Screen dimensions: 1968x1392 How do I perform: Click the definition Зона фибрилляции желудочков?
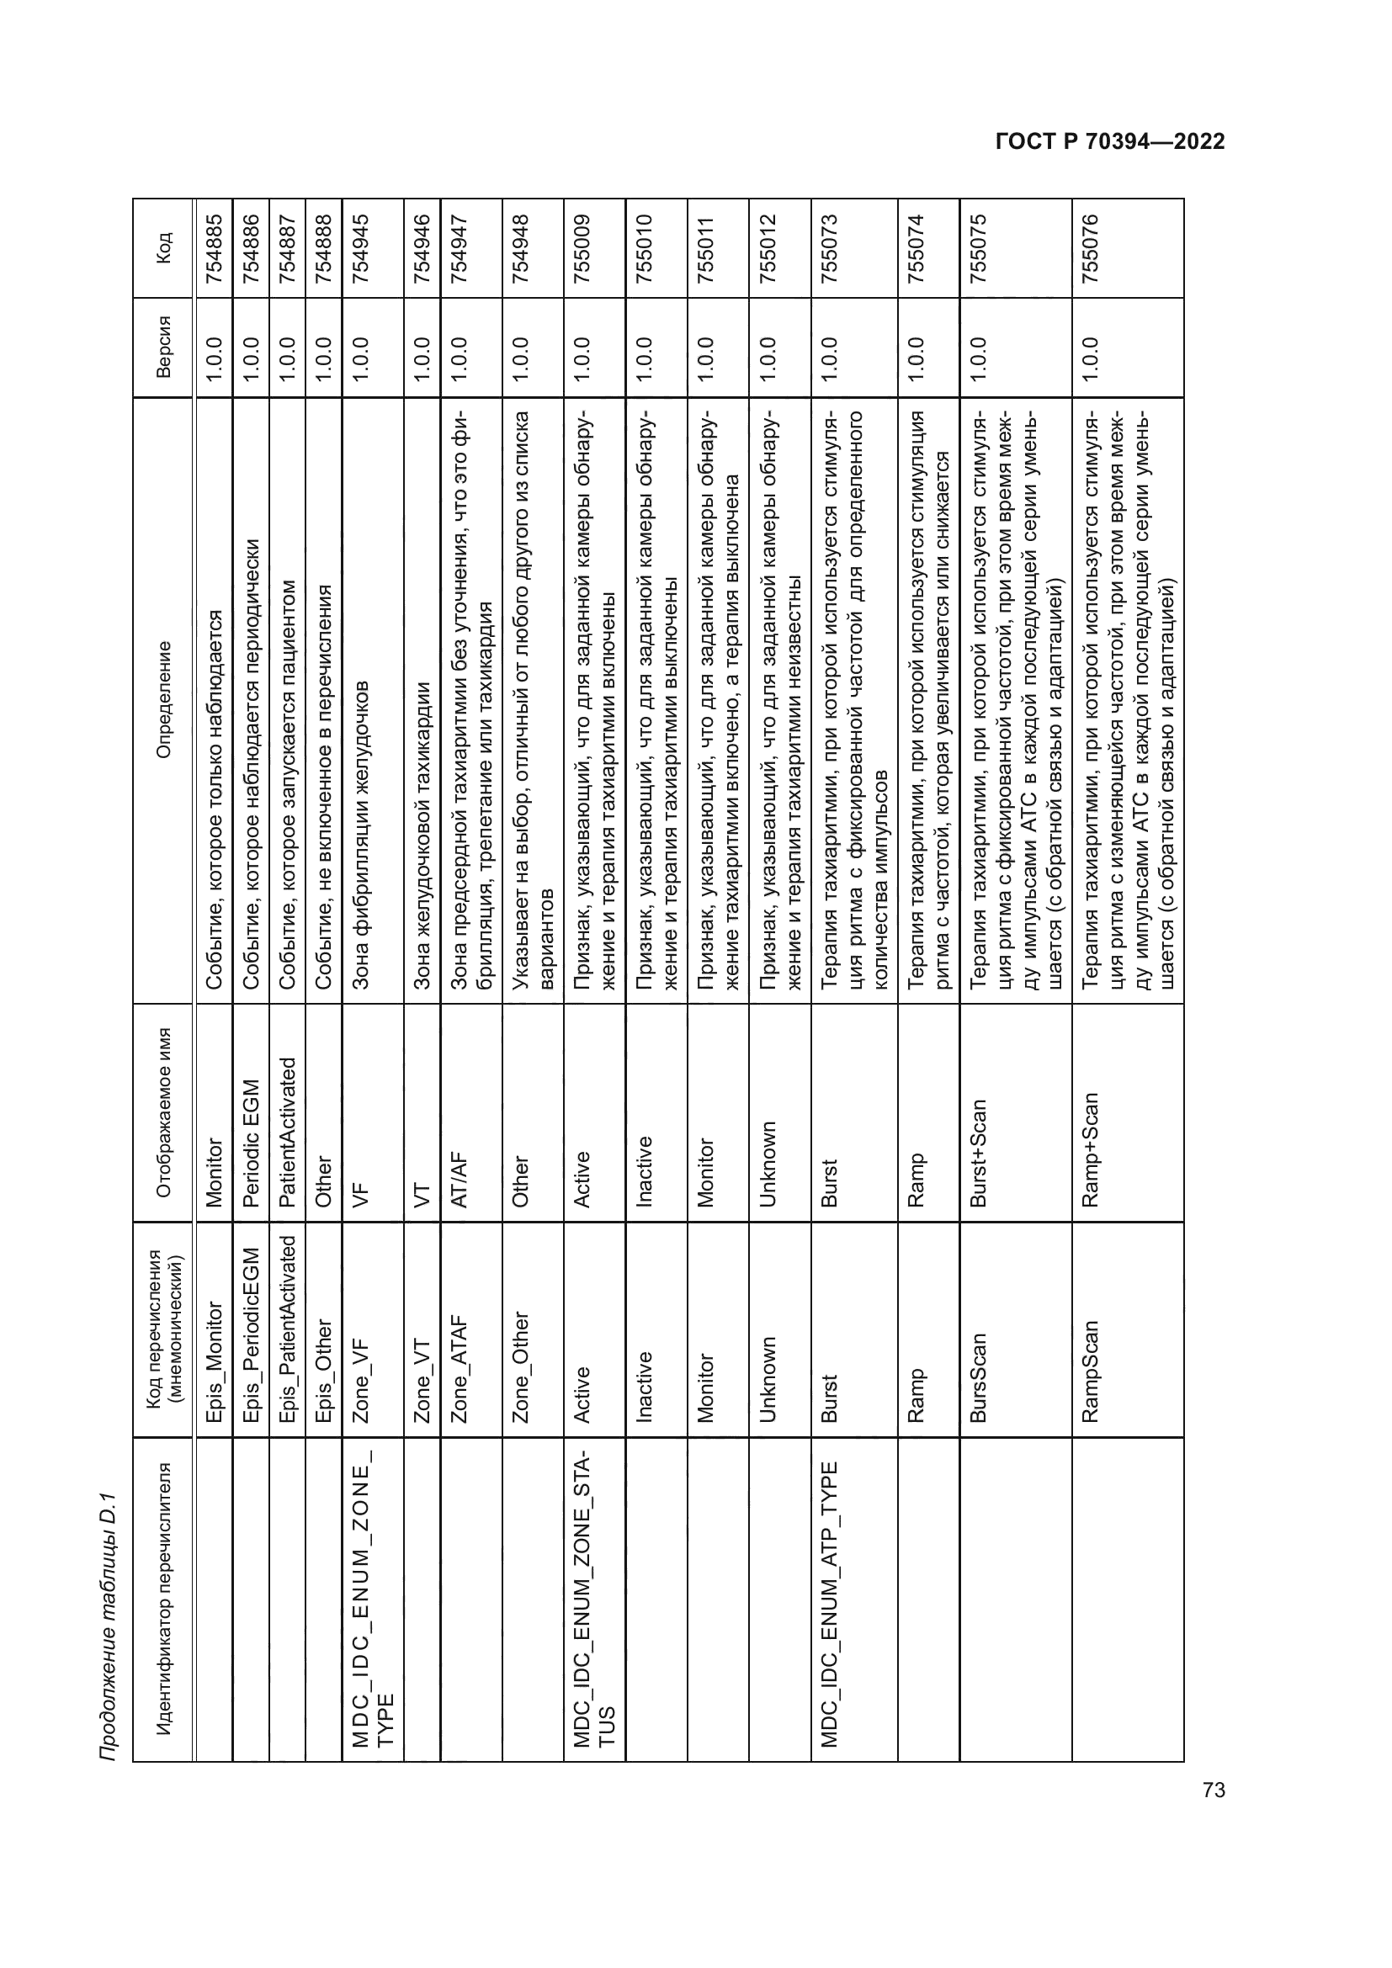pos(361,835)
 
